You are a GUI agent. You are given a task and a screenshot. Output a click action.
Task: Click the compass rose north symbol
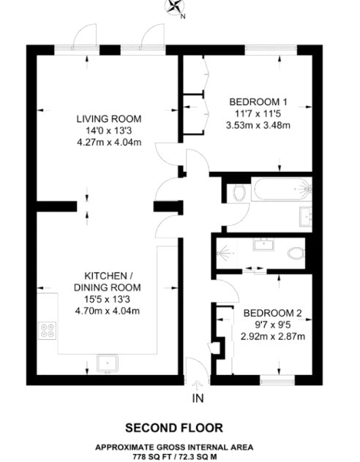click(176, 7)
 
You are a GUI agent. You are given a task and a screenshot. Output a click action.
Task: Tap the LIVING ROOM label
click(109, 119)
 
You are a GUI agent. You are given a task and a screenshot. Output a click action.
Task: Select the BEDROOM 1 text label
click(258, 102)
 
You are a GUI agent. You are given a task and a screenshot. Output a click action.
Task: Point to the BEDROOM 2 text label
click(273, 313)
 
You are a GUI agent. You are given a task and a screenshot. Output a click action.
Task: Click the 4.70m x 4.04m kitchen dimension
click(108, 311)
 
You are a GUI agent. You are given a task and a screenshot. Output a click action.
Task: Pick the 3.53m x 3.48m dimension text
click(258, 126)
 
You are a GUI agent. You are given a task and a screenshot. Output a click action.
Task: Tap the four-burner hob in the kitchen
click(48, 330)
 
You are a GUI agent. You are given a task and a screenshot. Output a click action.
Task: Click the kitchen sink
click(108, 364)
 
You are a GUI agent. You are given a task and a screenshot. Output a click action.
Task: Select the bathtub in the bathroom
click(282, 189)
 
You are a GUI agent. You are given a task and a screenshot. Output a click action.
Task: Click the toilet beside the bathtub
click(239, 193)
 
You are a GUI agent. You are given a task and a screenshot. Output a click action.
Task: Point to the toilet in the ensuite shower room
click(296, 253)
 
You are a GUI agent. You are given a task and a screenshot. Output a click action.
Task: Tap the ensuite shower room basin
click(263, 245)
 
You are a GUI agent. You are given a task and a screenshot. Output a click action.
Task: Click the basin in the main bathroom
click(306, 216)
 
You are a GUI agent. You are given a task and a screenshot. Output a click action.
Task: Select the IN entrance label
click(198, 398)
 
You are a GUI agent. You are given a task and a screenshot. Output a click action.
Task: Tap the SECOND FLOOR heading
click(174, 428)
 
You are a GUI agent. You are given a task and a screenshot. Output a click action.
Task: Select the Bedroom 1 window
click(271, 50)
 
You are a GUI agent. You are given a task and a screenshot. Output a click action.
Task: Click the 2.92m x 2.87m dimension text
click(273, 336)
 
